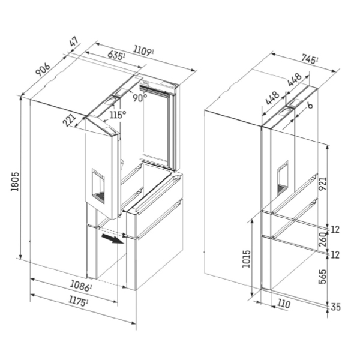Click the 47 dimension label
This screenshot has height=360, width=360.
[x=74, y=43]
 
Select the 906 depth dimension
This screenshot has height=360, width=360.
[x=43, y=70]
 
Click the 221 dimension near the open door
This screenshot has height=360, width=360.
[x=70, y=119]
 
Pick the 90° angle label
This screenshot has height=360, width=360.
[x=140, y=98]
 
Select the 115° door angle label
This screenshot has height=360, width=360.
[x=116, y=114]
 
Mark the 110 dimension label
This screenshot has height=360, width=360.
[x=283, y=304]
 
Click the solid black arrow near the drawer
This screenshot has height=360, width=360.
[x=111, y=239]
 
